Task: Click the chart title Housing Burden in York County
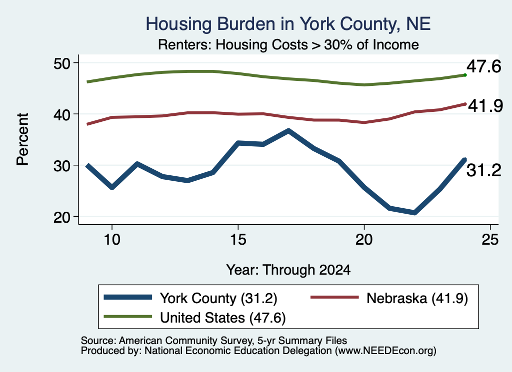click(x=288, y=24)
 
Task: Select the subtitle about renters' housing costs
click(x=288, y=44)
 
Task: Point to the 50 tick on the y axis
click(x=62, y=63)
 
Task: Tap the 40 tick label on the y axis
click(x=62, y=114)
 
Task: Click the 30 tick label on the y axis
click(x=62, y=166)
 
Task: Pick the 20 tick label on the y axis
click(x=62, y=217)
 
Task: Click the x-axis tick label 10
click(x=112, y=240)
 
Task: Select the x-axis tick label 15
click(x=238, y=240)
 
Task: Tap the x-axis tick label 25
click(x=490, y=240)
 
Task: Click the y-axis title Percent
click(x=22, y=139)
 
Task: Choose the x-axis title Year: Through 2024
click(x=288, y=270)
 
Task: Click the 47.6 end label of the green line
click(x=483, y=66)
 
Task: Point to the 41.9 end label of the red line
click(x=485, y=106)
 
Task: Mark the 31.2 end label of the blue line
click(x=483, y=170)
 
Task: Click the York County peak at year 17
click(x=288, y=131)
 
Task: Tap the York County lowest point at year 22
click(x=414, y=213)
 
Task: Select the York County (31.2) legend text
click(x=218, y=298)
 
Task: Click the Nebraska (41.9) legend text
click(x=417, y=298)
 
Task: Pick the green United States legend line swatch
click(x=127, y=317)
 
